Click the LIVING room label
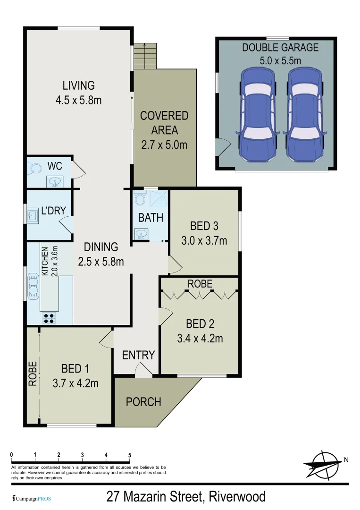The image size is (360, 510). point(79,85)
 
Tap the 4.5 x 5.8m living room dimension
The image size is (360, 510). point(79,100)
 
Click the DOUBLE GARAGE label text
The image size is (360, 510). point(280,47)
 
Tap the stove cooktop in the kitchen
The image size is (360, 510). point(49,317)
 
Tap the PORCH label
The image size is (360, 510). point(143,402)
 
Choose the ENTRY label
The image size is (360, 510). point(138,355)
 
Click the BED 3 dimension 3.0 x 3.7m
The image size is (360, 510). point(204,240)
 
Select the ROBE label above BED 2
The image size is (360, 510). point(200,284)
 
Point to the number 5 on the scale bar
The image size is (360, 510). point(129,455)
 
